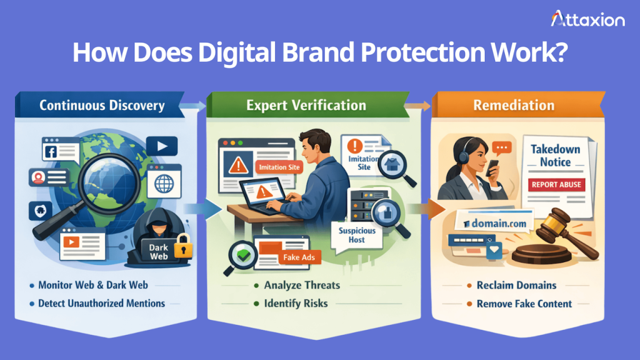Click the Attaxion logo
click(x=587, y=20)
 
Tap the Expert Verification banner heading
click(x=306, y=105)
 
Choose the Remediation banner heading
click(x=514, y=105)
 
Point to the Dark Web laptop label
click(x=158, y=251)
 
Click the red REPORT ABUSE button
click(x=556, y=184)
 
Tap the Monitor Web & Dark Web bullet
click(x=92, y=285)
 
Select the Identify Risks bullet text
click(x=295, y=304)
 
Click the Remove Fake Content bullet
click(x=524, y=304)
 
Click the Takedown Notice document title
click(x=555, y=156)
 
